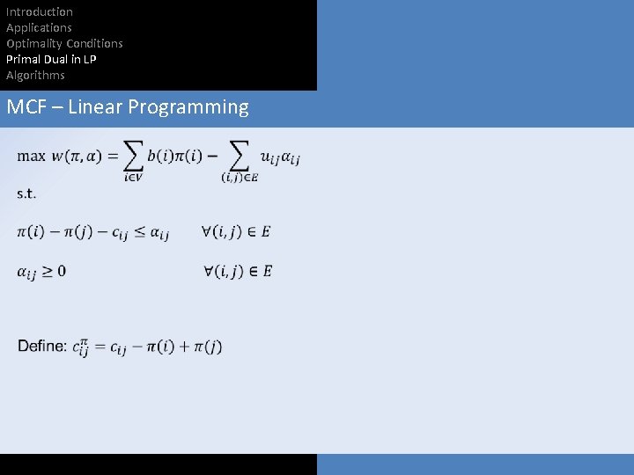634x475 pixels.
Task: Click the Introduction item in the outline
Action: pos(40,11)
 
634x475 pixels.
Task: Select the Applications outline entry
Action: pos(39,27)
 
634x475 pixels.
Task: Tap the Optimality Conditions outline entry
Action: pos(64,43)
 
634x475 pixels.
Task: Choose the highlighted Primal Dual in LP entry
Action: pos(51,59)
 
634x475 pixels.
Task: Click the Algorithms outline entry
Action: pos(35,75)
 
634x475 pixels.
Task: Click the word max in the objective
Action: pos(32,157)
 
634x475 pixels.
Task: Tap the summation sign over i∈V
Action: pos(133,156)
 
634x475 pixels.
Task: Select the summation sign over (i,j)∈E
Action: pos(239,156)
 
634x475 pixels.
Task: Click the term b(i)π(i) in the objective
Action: pos(175,157)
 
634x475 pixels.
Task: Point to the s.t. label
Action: pos(26,194)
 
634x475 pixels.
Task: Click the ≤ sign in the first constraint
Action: pos(141,232)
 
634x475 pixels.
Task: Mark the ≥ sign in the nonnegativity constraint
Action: pos(48,271)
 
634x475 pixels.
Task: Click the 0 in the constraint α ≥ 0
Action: pos(62,271)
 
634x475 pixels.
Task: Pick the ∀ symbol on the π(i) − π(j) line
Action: pos(208,231)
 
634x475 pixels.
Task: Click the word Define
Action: pos(41,346)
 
